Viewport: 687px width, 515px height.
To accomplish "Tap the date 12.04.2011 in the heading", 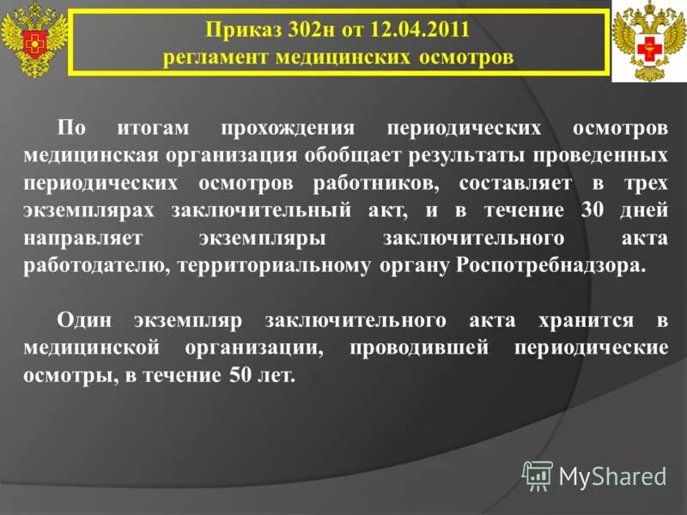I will coord(420,32).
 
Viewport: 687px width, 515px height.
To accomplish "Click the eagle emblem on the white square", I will coord(648,42).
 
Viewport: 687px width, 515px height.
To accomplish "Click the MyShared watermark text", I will coord(612,476).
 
